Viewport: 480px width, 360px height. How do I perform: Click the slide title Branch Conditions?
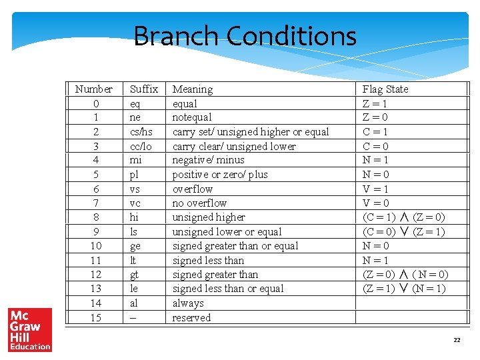245,36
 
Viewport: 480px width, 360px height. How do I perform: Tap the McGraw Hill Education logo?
30,329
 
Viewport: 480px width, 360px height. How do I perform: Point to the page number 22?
457,340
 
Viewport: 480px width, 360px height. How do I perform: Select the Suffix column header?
144,89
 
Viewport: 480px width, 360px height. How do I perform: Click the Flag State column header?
385,89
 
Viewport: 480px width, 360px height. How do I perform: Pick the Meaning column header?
193,89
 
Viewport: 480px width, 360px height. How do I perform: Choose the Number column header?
94,89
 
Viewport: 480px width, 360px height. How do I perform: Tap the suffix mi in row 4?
135,160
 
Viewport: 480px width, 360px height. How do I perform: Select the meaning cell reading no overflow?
199,203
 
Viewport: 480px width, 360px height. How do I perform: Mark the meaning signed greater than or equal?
235,246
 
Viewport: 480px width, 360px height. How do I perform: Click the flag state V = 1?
375,189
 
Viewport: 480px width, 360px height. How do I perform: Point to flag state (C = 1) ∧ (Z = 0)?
404,217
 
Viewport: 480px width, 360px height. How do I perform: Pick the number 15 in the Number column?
95,318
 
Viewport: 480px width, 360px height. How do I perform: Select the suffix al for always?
135,303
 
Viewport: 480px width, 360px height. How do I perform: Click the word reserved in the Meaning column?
191,318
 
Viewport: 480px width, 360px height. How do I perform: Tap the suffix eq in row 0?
135,104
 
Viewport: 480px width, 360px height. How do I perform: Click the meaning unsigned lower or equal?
227,232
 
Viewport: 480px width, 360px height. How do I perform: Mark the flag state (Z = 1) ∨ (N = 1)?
404,289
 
